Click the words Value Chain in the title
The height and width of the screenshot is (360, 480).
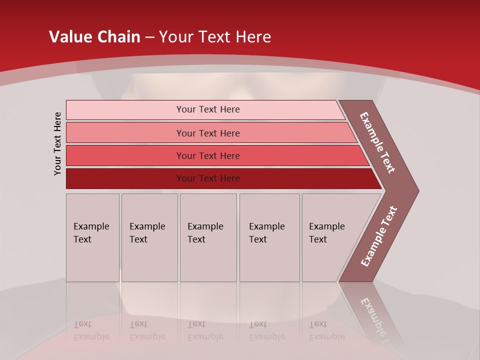[x=94, y=37]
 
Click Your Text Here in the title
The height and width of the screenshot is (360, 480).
[x=215, y=37]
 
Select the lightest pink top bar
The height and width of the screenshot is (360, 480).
[x=208, y=109]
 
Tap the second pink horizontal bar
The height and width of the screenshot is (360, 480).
[x=208, y=133]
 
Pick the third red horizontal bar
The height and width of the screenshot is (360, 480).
[x=208, y=155]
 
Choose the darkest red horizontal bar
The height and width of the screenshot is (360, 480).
[x=208, y=178]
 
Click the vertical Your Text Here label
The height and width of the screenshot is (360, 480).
[x=58, y=143]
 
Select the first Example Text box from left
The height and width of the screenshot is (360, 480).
[x=92, y=238]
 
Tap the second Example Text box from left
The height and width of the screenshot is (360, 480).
[x=149, y=238]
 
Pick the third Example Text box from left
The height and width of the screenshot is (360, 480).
[x=207, y=238]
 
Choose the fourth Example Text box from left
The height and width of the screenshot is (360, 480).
[x=269, y=238]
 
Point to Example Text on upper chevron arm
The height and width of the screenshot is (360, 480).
[x=378, y=142]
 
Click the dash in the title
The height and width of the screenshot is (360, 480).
[x=149, y=37]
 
